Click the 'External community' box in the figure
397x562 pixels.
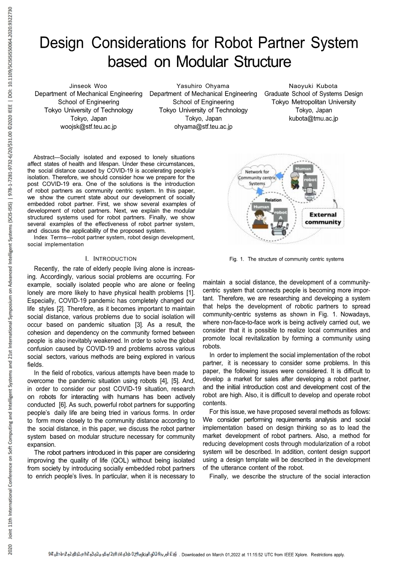pyautogui.click(x=322, y=218)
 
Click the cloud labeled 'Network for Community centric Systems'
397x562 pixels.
pyautogui.click(x=257, y=178)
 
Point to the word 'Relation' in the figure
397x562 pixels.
pyautogui.click(x=273, y=200)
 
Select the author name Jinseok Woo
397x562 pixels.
pyautogui.click(x=88, y=86)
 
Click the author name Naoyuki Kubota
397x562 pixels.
pyautogui.click(x=313, y=86)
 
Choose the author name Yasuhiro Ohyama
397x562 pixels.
pyautogui.click(x=203, y=86)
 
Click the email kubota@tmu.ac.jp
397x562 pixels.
pyautogui.click(x=313, y=118)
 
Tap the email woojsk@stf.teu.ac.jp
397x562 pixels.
pyautogui.click(x=88, y=127)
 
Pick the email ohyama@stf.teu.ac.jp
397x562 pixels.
pyautogui.click(x=203, y=127)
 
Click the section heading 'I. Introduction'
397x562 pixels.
pyautogui.click(x=111, y=258)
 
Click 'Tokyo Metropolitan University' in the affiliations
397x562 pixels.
pyautogui.click(x=313, y=102)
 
